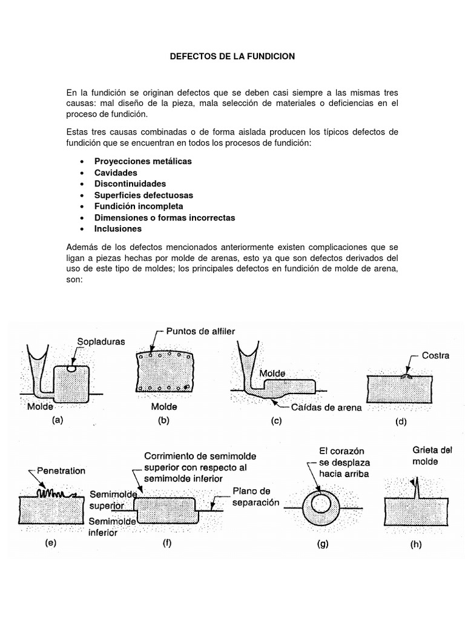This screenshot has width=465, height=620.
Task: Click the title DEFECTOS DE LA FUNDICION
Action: (x=232, y=56)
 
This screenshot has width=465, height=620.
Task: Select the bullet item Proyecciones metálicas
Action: (x=143, y=162)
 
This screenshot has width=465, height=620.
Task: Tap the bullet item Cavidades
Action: (x=116, y=173)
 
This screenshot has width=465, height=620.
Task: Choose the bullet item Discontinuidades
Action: (x=130, y=183)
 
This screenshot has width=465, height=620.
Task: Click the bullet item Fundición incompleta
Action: (x=138, y=206)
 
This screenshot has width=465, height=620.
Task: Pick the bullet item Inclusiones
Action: (x=117, y=228)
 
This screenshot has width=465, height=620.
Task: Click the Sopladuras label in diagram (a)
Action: (x=101, y=341)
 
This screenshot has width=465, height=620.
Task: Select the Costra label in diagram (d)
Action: (x=435, y=356)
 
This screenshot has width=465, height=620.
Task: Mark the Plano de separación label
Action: (x=254, y=496)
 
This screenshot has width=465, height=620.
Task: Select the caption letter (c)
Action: (x=277, y=423)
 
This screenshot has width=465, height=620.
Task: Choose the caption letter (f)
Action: (x=167, y=542)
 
